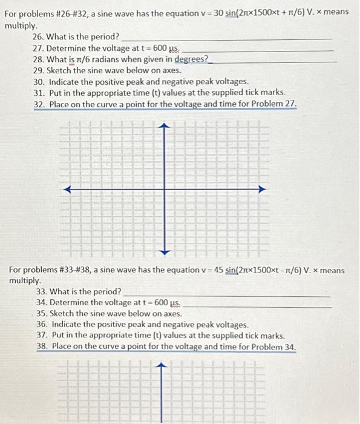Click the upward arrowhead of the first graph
164,126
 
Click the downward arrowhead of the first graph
164,250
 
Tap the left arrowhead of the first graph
68,190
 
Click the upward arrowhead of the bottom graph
162,366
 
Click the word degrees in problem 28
191,59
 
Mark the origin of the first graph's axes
164,190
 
